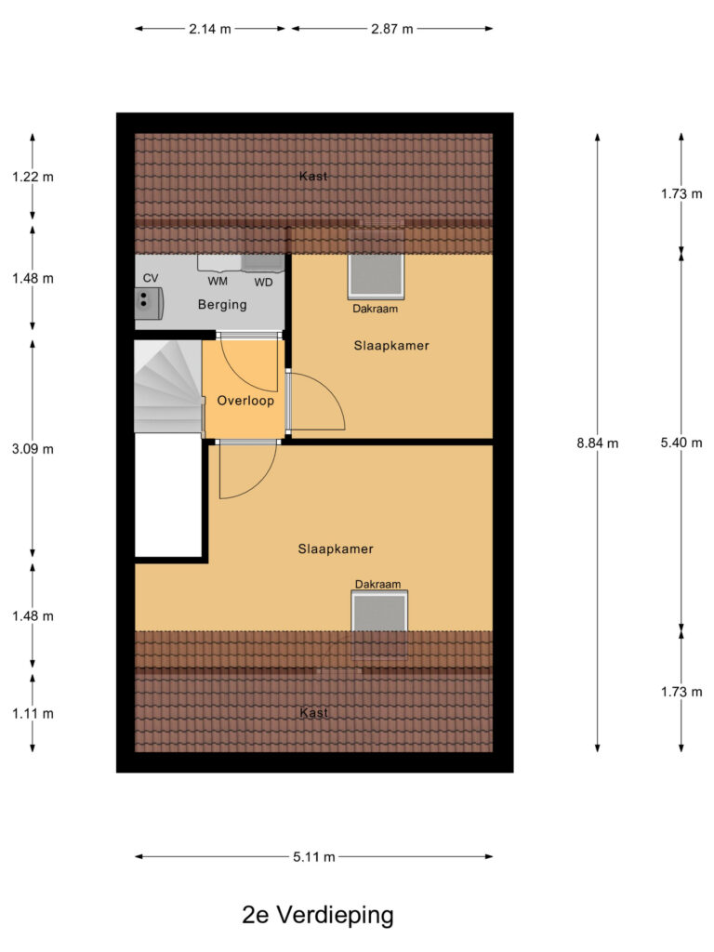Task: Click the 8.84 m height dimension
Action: [598, 443]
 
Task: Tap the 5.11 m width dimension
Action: [314, 856]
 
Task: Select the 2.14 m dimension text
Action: [210, 29]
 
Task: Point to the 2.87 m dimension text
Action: [392, 29]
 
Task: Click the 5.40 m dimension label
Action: [681, 443]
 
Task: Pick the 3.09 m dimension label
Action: [33, 449]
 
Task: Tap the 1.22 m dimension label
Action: [33, 177]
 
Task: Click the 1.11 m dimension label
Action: [33, 713]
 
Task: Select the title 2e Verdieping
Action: [318, 915]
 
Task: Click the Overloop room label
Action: [245, 400]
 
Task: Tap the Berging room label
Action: [222, 304]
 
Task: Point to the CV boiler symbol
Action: [149, 303]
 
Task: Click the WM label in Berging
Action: [218, 281]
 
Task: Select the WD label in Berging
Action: [263, 283]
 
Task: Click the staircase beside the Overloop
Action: [168, 386]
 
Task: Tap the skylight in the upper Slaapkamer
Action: [376, 276]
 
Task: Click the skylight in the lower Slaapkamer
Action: [379, 614]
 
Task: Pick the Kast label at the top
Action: [313, 176]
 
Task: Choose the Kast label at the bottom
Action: [314, 712]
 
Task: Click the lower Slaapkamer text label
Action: [335, 549]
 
